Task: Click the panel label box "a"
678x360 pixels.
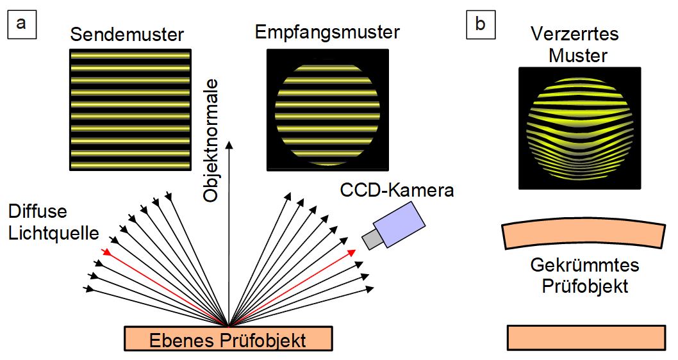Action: tap(21, 24)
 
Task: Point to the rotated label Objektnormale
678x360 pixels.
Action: tap(211, 141)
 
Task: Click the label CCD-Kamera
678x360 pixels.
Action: tap(397, 190)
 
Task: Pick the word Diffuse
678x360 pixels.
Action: tap(37, 211)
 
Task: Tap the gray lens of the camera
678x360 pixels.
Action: tap(372, 238)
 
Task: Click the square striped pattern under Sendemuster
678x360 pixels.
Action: tap(130, 110)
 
